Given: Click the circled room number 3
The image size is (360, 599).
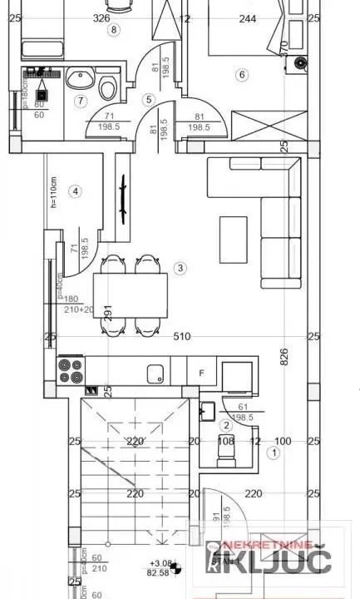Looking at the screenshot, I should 180,268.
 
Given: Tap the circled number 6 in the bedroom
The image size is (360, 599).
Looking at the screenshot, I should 242,75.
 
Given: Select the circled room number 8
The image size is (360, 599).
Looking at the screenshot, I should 114,29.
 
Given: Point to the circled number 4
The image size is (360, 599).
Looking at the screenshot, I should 76,191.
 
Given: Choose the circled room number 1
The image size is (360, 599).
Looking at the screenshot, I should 274,453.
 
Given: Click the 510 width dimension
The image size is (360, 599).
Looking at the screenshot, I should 182,337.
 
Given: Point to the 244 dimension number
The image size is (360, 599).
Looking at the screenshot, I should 224,17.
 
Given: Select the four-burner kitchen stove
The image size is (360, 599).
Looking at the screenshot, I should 71,370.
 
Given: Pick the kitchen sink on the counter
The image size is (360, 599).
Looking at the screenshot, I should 154,371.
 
